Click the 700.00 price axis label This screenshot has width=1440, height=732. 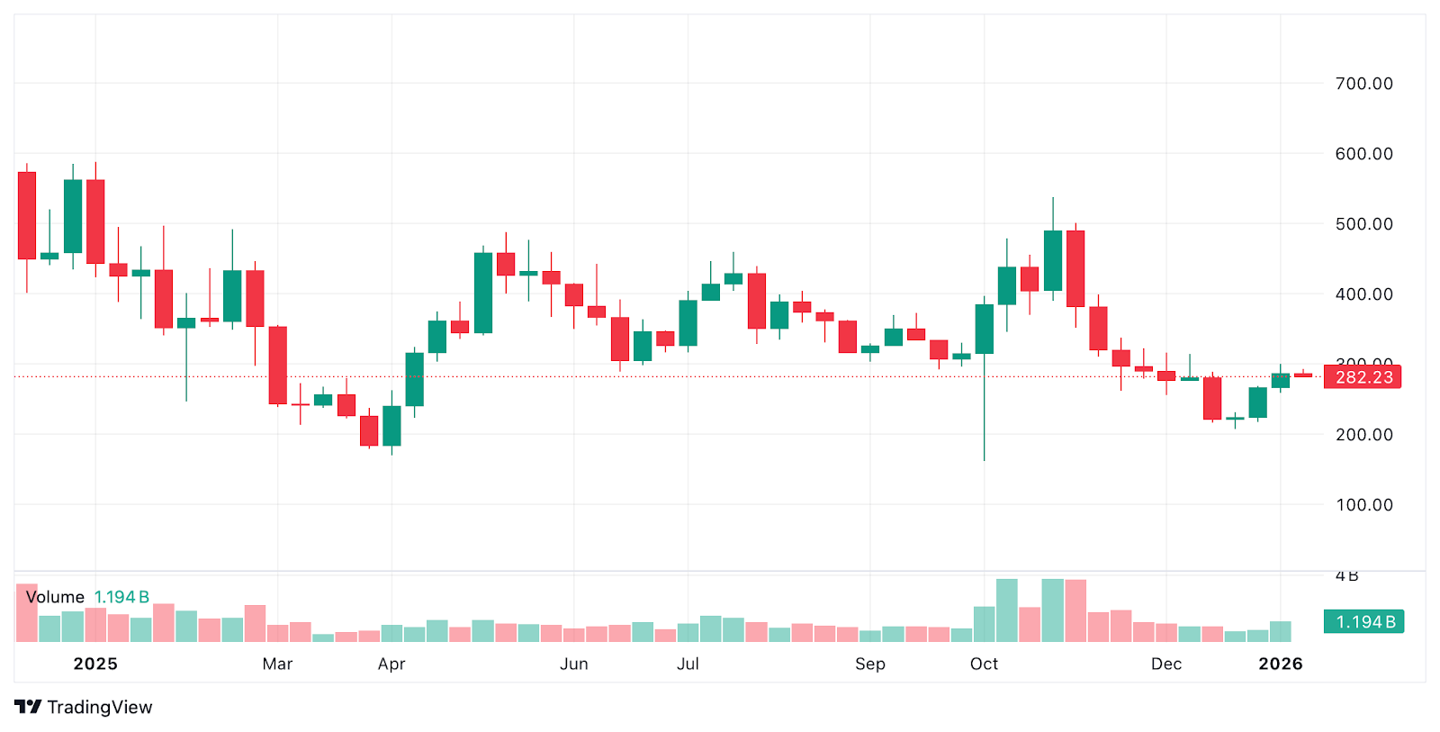pyautogui.click(x=1363, y=84)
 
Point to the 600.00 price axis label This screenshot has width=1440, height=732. pyautogui.click(x=1363, y=154)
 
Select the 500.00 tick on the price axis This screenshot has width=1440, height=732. pyautogui.click(x=1363, y=224)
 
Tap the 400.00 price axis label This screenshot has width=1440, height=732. pyautogui.click(x=1363, y=294)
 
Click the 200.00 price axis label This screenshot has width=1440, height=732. pyautogui.click(x=1363, y=435)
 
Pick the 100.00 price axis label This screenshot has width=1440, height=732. pyautogui.click(x=1363, y=505)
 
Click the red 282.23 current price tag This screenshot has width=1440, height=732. pyautogui.click(x=1363, y=377)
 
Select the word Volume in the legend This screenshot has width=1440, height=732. pyautogui.click(x=55, y=597)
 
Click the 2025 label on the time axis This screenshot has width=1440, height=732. pyautogui.click(x=95, y=664)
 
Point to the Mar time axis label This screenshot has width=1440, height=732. pyautogui.click(x=277, y=664)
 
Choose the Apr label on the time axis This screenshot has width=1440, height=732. pyautogui.click(x=391, y=664)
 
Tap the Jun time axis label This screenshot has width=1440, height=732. pyautogui.click(x=574, y=664)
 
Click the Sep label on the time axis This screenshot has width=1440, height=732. pyautogui.click(x=870, y=664)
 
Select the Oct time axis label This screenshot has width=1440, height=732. pyautogui.click(x=984, y=664)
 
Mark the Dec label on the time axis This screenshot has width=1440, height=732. pyautogui.click(x=1166, y=664)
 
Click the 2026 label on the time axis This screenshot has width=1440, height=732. pyautogui.click(x=1280, y=664)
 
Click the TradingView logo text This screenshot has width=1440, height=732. pyautogui.click(x=99, y=708)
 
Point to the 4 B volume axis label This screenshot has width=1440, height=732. pyautogui.click(x=1346, y=576)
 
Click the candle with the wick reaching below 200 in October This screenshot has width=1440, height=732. pyautogui.click(x=985, y=330)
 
